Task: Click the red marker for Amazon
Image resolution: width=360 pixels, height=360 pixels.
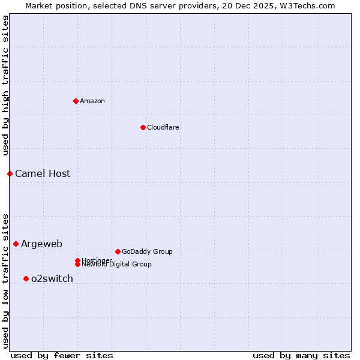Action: [76, 101]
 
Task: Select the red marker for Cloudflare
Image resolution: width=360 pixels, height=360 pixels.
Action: [143, 127]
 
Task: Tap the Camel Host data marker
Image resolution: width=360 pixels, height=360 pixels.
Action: [10, 173]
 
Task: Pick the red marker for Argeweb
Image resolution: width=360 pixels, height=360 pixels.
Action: [16, 244]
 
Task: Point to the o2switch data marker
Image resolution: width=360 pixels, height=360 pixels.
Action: [26, 278]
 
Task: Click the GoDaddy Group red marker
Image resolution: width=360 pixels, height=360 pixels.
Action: [118, 251]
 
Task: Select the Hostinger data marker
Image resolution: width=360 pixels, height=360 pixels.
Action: [77, 260]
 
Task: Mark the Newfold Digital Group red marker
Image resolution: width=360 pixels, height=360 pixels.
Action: [77, 265]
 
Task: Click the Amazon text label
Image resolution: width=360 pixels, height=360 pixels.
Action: [92, 101]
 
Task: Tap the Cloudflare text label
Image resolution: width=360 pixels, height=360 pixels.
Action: [163, 127]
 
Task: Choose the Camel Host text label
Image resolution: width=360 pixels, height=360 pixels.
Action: [43, 174]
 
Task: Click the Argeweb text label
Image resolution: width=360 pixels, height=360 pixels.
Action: [41, 244]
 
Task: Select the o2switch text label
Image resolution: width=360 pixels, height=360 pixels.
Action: [52, 278]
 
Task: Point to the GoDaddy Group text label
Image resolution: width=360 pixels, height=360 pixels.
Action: [147, 251]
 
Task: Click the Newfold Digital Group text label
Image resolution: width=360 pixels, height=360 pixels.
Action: [117, 265]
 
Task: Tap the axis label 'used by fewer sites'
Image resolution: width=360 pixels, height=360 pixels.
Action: [62, 355]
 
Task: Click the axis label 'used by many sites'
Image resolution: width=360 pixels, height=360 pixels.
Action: [301, 355]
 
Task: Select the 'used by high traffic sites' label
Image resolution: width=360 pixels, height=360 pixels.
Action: [5, 86]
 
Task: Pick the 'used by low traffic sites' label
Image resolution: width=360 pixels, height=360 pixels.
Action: [5, 281]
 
